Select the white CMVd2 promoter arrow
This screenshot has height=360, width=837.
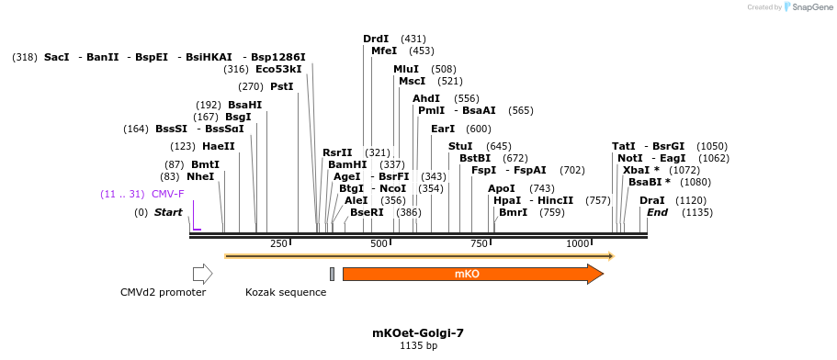(202, 274)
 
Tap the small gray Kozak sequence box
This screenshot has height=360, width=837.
(332, 274)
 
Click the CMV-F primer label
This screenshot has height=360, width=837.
(167, 194)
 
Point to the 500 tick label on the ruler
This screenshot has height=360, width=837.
(379, 243)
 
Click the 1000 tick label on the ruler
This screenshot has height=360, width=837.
(577, 243)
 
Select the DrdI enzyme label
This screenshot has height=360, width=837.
(376, 39)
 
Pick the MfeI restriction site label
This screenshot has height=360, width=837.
(384, 51)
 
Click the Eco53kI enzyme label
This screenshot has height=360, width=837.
(278, 69)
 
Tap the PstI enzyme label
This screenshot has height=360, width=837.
(281, 86)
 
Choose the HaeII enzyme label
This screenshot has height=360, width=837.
(219, 146)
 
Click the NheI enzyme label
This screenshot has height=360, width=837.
(200, 176)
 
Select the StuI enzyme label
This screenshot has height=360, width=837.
(460, 146)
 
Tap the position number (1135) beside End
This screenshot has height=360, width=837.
(697, 212)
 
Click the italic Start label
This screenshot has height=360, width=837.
(168, 212)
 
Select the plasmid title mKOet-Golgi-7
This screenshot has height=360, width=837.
(418, 332)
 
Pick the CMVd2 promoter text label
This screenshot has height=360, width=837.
(163, 292)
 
